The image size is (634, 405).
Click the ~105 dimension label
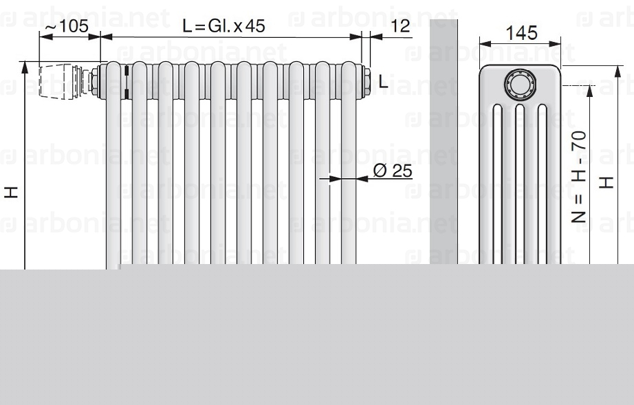click(x=66, y=26)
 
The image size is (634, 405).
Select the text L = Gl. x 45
click(x=223, y=26)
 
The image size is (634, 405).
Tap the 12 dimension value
click(x=400, y=26)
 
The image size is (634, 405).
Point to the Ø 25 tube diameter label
click(x=392, y=171)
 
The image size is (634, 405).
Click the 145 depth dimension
click(x=522, y=33)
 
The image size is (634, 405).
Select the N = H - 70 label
click(x=579, y=177)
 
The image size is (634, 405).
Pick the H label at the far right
click(x=606, y=183)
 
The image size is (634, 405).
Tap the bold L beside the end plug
click(x=383, y=82)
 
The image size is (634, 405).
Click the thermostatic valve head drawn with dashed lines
click(x=56, y=81)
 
